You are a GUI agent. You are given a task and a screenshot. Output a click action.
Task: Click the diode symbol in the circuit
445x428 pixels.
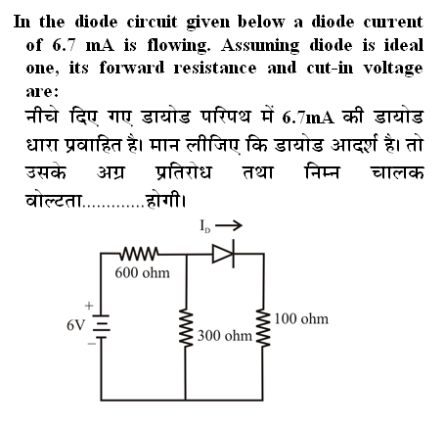pos(224,254)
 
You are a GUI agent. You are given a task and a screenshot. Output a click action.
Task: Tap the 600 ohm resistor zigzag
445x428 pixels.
pos(140,254)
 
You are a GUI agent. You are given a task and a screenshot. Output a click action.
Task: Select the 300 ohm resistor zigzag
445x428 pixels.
pos(186,327)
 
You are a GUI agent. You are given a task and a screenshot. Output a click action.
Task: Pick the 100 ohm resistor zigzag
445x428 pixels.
pos(263,327)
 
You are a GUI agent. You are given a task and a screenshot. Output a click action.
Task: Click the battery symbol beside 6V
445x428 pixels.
pos(102,326)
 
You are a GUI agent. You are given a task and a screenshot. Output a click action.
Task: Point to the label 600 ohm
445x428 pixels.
pos(143,273)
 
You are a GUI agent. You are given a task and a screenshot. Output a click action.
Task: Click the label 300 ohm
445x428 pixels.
pos(225,336)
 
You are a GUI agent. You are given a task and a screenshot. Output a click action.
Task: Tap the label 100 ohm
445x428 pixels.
pos(301,319)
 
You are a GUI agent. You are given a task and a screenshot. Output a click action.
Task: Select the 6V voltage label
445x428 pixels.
pos(75,325)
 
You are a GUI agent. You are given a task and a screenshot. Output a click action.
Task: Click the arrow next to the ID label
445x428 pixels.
pos(229,225)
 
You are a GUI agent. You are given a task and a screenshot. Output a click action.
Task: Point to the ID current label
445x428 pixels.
pos(205,226)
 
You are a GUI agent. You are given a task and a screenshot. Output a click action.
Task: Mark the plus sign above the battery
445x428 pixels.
pos(89,306)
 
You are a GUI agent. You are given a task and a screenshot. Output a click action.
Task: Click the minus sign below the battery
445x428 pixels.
pos(91,344)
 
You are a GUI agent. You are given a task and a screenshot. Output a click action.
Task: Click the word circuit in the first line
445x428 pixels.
pos(152,23)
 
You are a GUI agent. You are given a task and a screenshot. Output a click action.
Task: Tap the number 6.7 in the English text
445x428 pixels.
pos(64,45)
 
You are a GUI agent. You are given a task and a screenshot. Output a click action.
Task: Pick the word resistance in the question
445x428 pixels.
pos(215,68)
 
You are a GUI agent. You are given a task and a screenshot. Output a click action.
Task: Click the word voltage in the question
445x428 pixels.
pos(393,69)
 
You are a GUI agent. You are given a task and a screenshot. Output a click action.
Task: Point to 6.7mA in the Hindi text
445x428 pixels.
pos(308,118)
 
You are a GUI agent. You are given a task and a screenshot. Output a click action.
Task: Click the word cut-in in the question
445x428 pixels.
pos(330,68)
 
